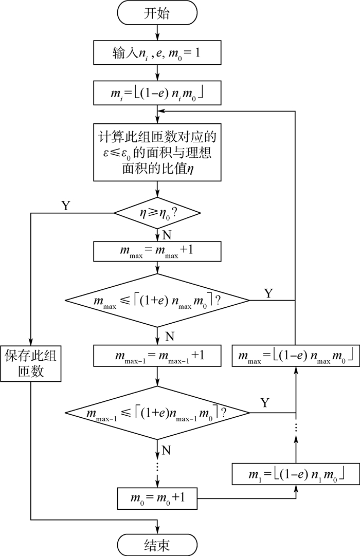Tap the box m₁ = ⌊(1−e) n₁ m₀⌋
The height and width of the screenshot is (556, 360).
click(295, 473)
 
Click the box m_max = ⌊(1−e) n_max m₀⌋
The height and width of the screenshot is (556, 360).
click(295, 355)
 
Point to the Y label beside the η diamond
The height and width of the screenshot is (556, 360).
click(66, 206)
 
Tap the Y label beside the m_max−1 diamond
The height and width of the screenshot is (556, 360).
click(265, 402)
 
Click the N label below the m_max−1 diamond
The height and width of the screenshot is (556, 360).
click(166, 450)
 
